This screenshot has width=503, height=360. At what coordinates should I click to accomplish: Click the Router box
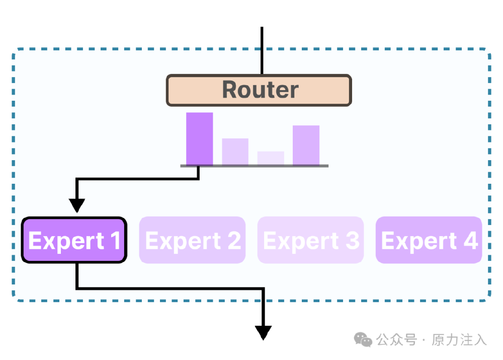[x=259, y=91]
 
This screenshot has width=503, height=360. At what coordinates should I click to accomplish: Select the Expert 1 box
[x=74, y=240]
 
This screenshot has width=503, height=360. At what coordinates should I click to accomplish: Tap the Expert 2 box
[x=192, y=240]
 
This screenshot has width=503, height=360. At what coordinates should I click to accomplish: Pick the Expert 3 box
[x=310, y=240]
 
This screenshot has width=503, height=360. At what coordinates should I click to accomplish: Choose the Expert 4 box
[x=429, y=240]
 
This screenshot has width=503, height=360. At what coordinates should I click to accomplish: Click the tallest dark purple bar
[x=199, y=138]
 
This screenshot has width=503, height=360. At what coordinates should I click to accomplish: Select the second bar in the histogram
[x=235, y=152]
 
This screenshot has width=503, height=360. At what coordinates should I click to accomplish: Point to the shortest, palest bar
[x=271, y=158]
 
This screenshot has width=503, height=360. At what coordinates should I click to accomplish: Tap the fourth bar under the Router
[x=306, y=145]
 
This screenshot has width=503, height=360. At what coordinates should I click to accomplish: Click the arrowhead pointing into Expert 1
[x=77, y=205]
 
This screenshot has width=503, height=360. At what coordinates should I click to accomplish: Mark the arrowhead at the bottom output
[x=263, y=332]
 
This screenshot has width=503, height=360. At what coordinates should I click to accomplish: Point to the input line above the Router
[x=262, y=50]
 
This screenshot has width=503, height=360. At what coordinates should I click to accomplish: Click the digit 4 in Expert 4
[x=470, y=241]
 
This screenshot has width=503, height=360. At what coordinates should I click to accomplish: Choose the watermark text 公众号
[x=397, y=340]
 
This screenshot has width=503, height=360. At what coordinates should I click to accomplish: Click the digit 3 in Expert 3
[x=352, y=241]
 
